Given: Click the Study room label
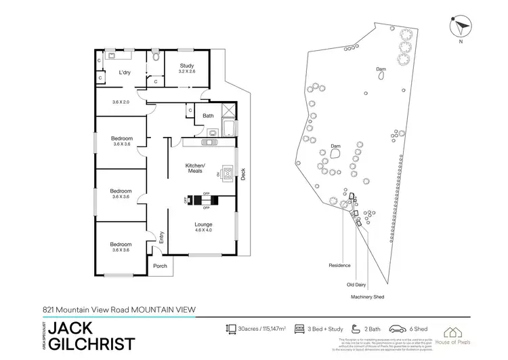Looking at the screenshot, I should click(x=187, y=66).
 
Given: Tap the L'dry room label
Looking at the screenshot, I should click(x=124, y=73).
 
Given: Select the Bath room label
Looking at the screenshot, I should click(x=208, y=115).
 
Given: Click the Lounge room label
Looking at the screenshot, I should click(x=204, y=224).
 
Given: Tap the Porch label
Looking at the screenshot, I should click(x=161, y=266).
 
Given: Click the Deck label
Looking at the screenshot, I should click(x=243, y=174).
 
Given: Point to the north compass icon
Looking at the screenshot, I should click(x=460, y=26).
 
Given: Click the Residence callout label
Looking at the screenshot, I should click(x=339, y=265).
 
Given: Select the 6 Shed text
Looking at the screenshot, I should click(x=415, y=329).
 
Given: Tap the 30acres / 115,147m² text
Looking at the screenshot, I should click(x=263, y=329).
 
